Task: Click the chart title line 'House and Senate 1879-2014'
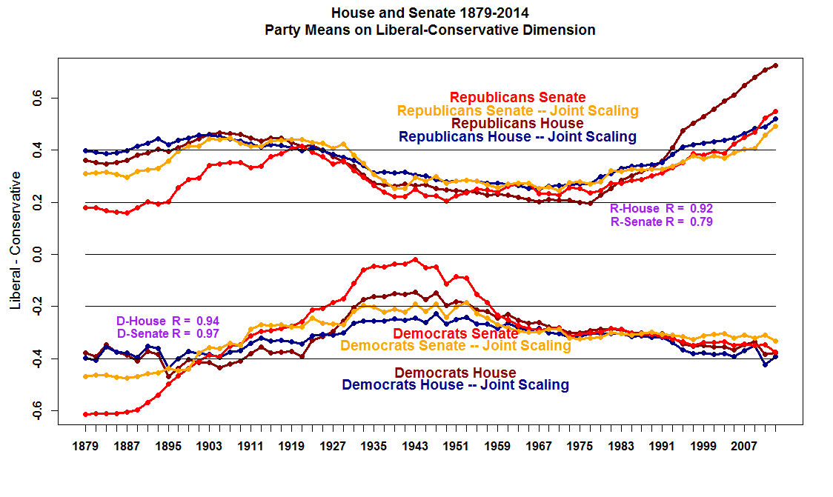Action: (430, 13)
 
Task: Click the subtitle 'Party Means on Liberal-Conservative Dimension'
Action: (430, 30)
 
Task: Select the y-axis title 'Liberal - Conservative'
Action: (16, 240)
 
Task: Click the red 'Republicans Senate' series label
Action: (517, 97)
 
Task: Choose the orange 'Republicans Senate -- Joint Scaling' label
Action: (517, 110)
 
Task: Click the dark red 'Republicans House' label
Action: (517, 124)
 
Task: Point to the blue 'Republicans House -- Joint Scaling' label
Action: (517, 136)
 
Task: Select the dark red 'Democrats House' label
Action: (455, 373)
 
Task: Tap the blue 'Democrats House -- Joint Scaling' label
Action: (455, 385)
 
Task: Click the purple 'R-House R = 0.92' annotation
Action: (661, 209)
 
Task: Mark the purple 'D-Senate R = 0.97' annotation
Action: (167, 333)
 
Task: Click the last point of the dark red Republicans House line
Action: (775, 65)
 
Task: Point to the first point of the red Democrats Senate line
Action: (85, 414)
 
